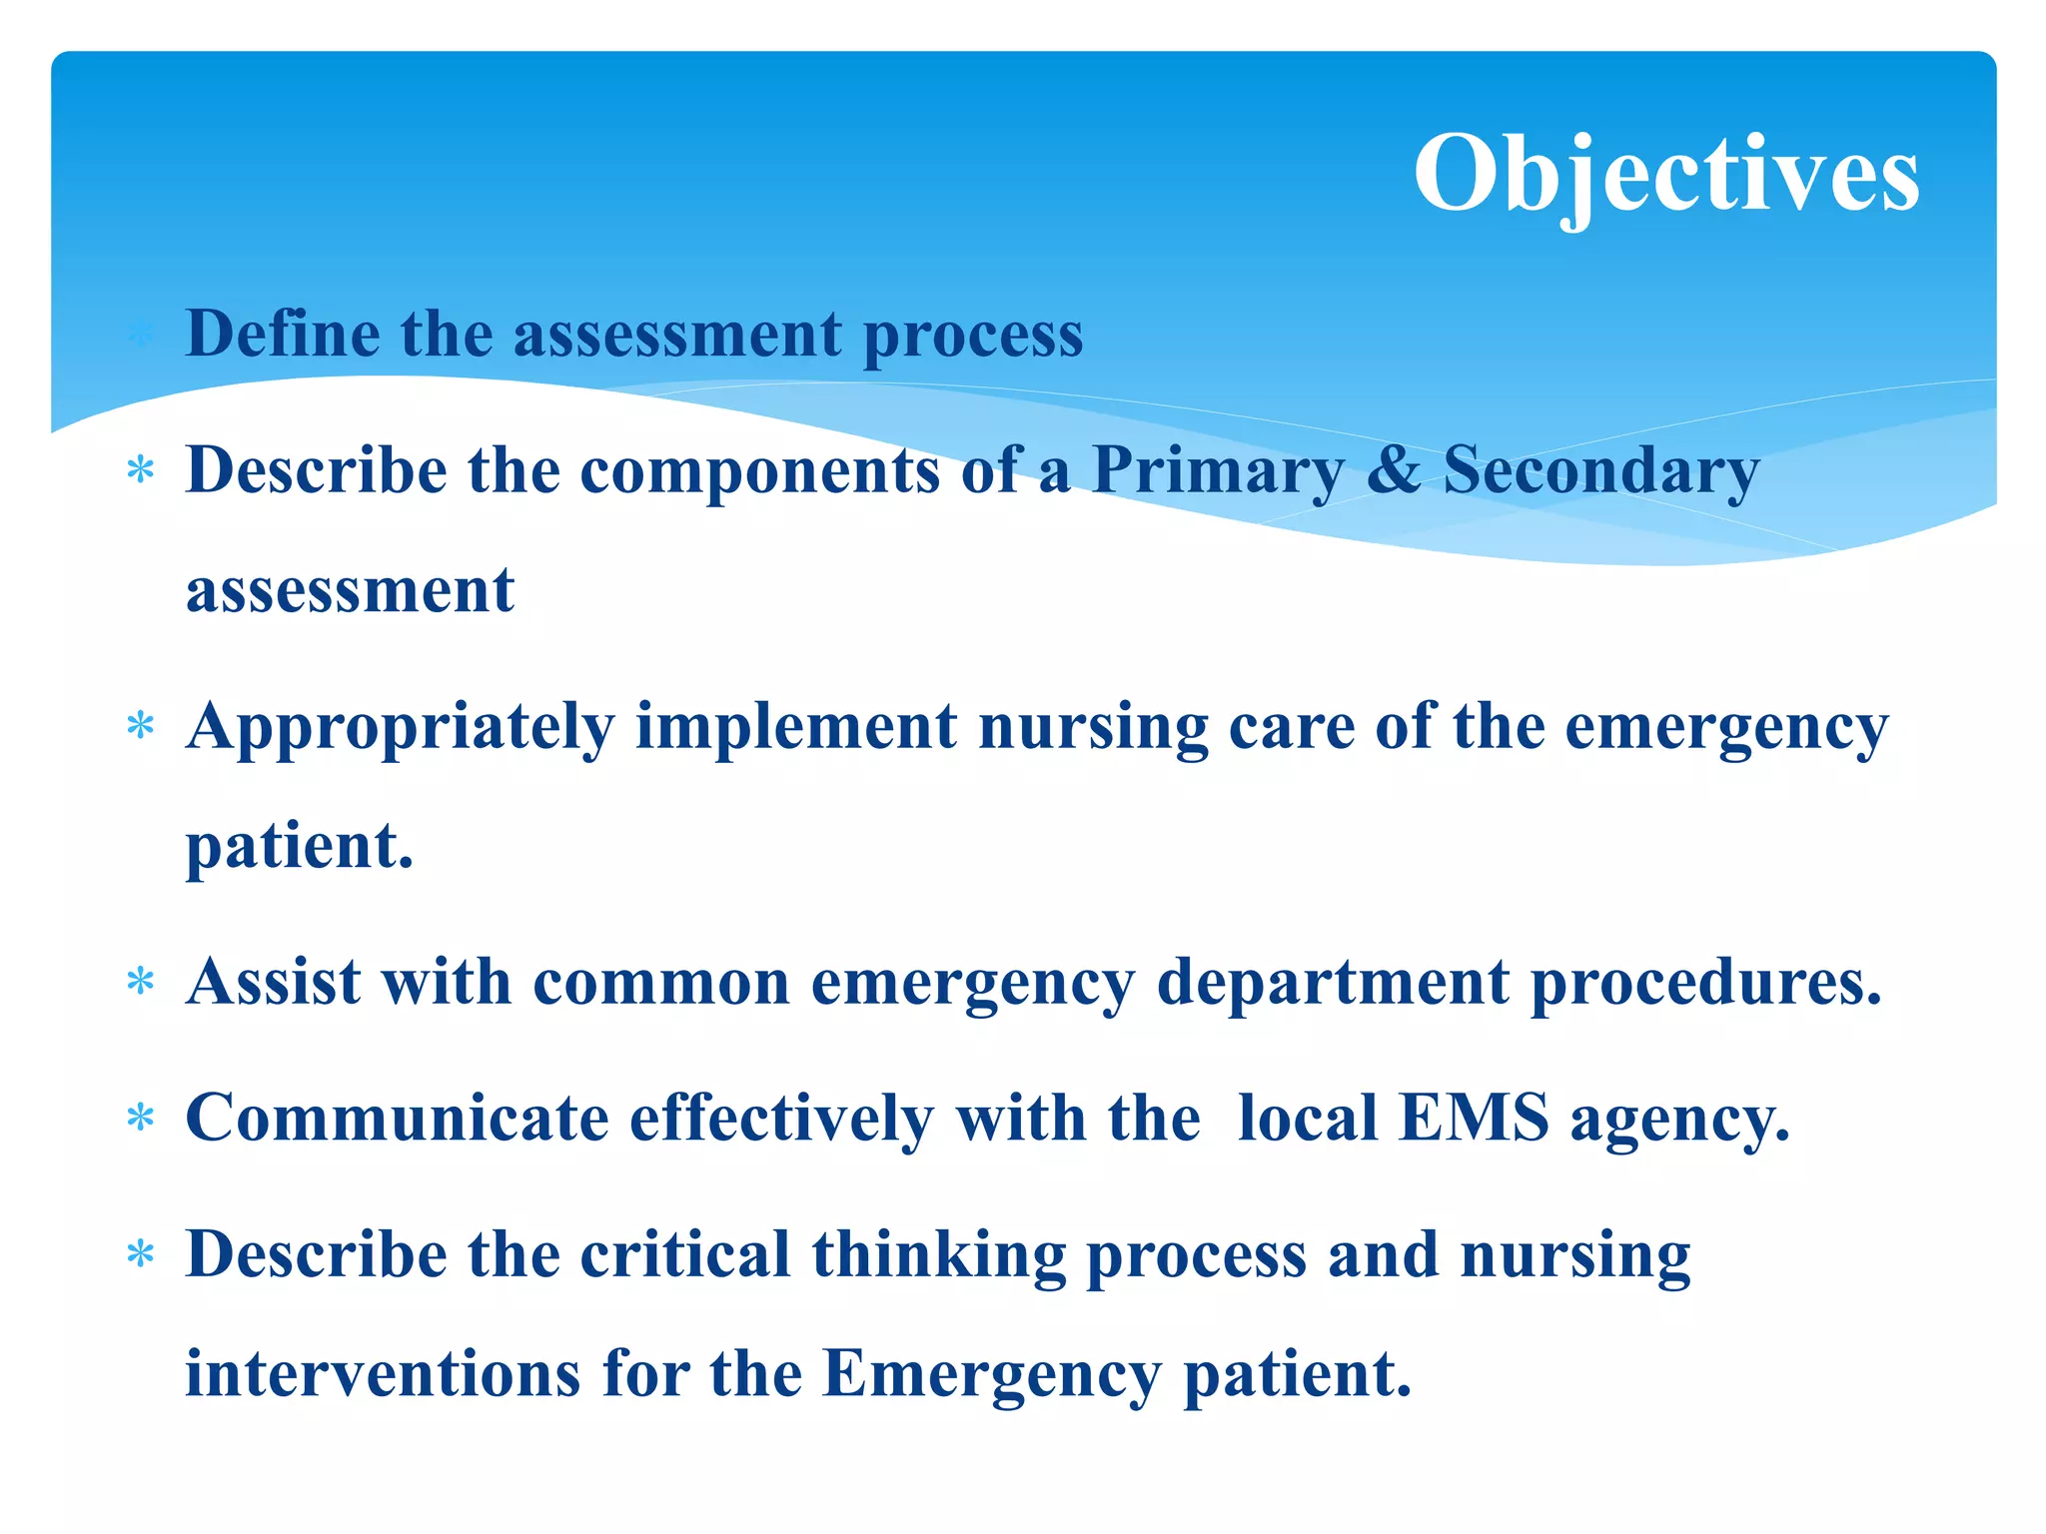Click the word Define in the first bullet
pyautogui.click(x=283, y=334)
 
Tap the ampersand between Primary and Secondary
pyautogui.click(x=1393, y=469)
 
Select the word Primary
pyautogui.click(x=1218, y=471)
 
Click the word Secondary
pyautogui.click(x=1600, y=471)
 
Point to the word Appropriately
pyautogui.click(x=400, y=727)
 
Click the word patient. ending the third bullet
pyautogui.click(x=300, y=847)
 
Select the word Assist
pyautogui.click(x=273, y=982)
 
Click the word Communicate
pyautogui.click(x=397, y=1118)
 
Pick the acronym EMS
pyautogui.click(x=1474, y=1118)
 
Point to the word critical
pyautogui.click(x=685, y=1254)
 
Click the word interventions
pyautogui.click(x=383, y=1374)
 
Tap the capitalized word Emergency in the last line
pyautogui.click(x=992, y=1376)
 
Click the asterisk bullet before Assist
pyautogui.click(x=141, y=982)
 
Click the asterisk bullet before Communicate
pyautogui.click(x=141, y=1118)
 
